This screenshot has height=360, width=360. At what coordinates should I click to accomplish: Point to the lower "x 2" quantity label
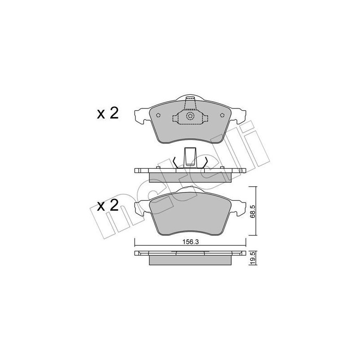108,206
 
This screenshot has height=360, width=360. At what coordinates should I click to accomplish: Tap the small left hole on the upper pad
158,115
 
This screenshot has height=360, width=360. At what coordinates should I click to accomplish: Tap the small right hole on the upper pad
222,115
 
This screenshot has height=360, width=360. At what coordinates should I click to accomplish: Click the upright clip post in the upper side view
190,157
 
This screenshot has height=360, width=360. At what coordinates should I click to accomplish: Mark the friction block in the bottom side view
190,261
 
